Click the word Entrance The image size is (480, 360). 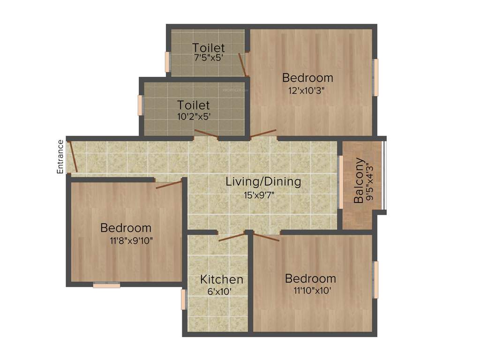click(x=60, y=157)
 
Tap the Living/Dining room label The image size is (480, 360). click(x=263, y=181)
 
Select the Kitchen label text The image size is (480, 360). click(x=222, y=280)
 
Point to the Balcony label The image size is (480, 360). click(x=359, y=180)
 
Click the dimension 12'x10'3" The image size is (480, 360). click(x=307, y=91)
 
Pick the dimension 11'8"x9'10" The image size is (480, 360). click(x=131, y=241)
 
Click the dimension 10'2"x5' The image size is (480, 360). click(x=194, y=116)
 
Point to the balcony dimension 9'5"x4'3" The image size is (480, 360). click(x=371, y=181)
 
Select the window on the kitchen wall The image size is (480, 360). click(x=184, y=300)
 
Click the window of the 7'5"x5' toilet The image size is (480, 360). click(x=167, y=61)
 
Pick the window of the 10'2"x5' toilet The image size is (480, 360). click(x=140, y=105)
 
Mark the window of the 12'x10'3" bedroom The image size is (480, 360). click(x=375, y=77)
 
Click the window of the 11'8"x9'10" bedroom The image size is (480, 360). click(x=106, y=285)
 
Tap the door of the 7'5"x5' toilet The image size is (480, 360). click(x=243, y=64)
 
